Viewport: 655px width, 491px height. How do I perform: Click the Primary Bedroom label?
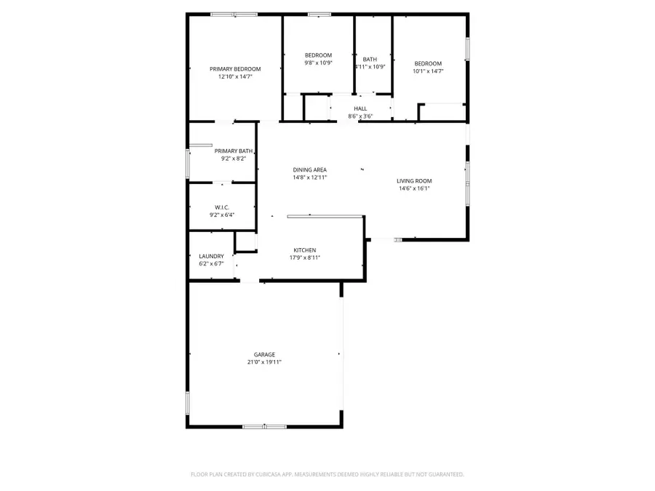[235, 69]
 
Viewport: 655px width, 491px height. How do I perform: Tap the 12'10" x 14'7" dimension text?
[235, 76]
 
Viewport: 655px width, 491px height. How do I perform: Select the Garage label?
[264, 354]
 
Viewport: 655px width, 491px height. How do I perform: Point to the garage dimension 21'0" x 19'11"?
[264, 362]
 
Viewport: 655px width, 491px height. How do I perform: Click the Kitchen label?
[304, 250]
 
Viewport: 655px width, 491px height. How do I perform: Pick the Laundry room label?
[211, 256]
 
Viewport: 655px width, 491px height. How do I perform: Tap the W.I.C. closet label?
[222, 207]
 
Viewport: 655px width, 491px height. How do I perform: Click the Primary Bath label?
[233, 151]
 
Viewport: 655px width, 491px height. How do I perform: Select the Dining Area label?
[310, 169]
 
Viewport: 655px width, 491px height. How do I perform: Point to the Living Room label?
[414, 180]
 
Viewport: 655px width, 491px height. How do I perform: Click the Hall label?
[360, 109]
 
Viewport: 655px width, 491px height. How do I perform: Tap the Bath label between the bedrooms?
[370, 60]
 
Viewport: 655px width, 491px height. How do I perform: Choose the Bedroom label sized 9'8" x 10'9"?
[318, 55]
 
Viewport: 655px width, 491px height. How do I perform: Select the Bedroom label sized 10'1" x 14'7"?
[428, 63]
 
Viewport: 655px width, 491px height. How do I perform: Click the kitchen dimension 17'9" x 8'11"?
[304, 258]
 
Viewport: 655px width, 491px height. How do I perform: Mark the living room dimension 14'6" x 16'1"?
[414, 188]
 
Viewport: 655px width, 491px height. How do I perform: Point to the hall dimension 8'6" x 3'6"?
[360, 116]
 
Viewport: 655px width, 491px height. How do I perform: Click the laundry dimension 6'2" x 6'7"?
[211, 263]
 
